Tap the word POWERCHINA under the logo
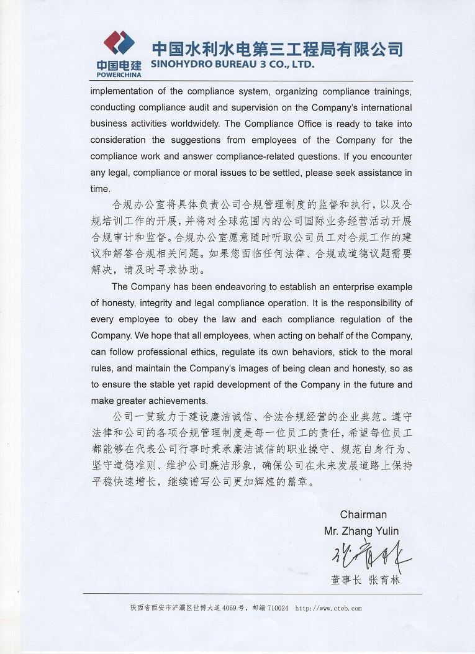[x=119, y=75]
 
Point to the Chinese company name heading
[x=278, y=48]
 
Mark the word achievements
[x=173, y=401]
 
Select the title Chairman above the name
[x=363, y=514]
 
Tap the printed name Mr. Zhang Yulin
[x=361, y=530]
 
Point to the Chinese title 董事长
[x=345, y=580]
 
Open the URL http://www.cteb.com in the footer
[x=328, y=608]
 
